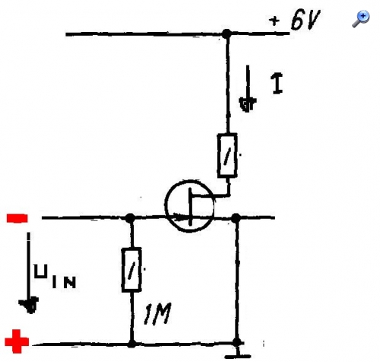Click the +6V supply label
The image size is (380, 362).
(x=295, y=20)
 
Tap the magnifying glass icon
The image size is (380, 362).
(x=361, y=19)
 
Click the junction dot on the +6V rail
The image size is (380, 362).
(x=226, y=33)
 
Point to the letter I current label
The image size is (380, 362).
(x=277, y=84)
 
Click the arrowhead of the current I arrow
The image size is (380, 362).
(x=248, y=104)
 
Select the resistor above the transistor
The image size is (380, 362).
(x=227, y=155)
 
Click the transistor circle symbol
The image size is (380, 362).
(x=189, y=206)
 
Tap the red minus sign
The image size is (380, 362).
(x=17, y=218)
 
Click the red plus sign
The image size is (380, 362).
(x=17, y=341)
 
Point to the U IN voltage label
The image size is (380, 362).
(x=55, y=276)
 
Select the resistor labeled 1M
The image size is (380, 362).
(x=131, y=270)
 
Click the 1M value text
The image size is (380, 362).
(x=157, y=313)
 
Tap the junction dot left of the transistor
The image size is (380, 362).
(x=130, y=218)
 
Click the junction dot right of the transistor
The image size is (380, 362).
(x=236, y=218)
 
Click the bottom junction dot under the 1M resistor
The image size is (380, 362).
(x=131, y=344)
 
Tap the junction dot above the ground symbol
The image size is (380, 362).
(x=237, y=342)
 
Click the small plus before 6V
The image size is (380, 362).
(x=274, y=21)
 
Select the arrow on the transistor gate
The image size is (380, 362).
(x=180, y=218)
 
